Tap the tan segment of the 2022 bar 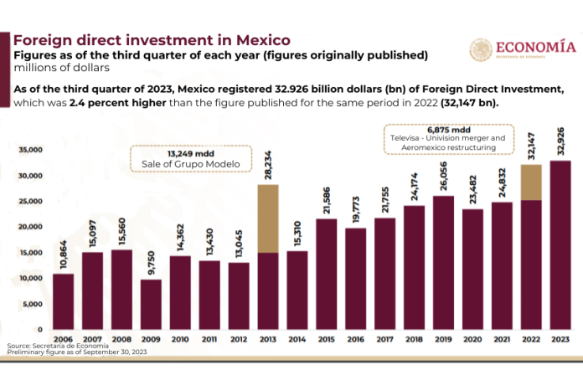(x=531, y=182)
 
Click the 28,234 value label (x=268, y=165)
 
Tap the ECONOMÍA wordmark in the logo (x=535, y=47)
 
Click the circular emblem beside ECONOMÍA (x=481, y=49)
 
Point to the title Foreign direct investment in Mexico (x=152, y=39)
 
